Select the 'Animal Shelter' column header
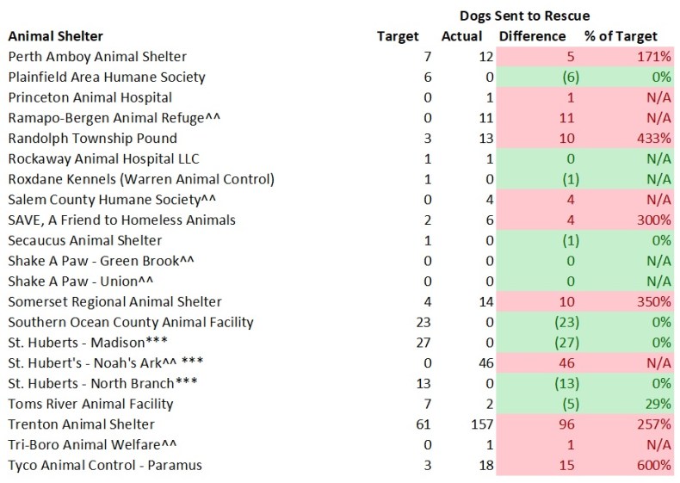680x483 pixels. click(55, 36)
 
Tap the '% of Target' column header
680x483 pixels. click(620, 36)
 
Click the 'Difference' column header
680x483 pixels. click(532, 36)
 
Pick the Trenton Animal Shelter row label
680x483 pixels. click(81, 424)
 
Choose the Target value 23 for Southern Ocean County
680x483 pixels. click(411, 322)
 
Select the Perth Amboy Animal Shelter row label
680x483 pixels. click(96, 57)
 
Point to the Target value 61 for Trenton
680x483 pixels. click(411, 424)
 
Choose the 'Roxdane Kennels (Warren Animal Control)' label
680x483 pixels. click(140, 179)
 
